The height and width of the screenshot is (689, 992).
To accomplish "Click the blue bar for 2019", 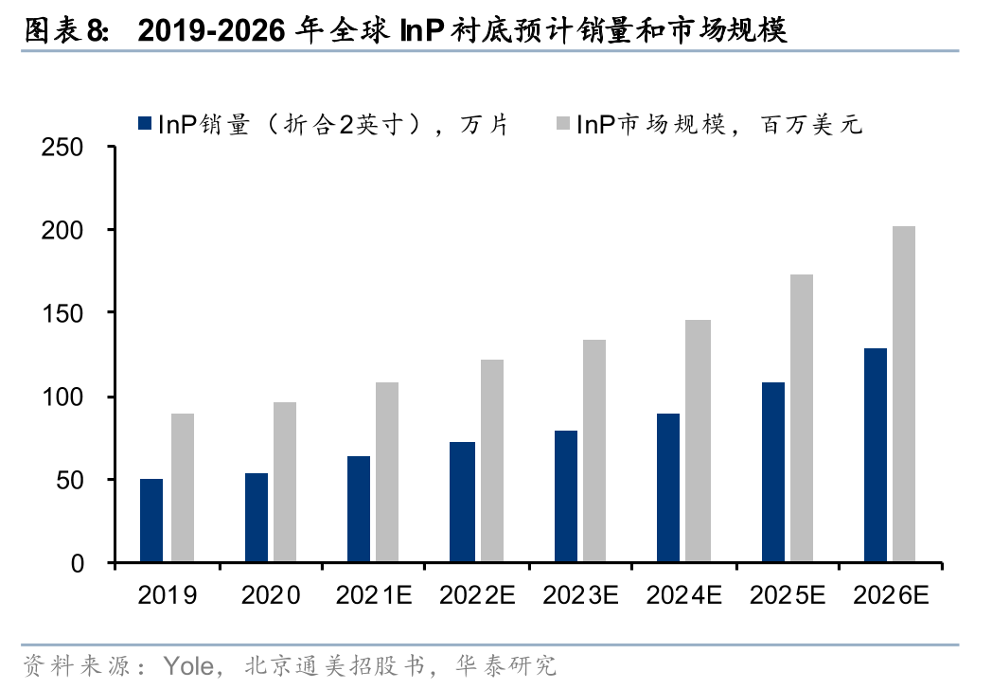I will tap(151, 521).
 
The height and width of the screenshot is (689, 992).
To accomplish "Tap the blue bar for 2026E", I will tap(876, 455).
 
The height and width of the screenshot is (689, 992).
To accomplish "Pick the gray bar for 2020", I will tap(285, 483).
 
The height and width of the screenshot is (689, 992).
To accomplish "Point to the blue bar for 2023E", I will tap(566, 497).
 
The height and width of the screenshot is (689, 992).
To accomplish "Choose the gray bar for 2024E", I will tap(698, 441).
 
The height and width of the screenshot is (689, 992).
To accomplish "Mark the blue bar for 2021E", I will tap(359, 509).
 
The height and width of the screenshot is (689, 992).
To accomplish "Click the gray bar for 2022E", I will tap(491, 461).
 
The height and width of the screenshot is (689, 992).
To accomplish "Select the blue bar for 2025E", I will tap(772, 472).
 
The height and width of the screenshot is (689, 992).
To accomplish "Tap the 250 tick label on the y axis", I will tap(63, 148).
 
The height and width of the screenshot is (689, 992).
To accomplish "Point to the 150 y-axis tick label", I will tap(63, 313).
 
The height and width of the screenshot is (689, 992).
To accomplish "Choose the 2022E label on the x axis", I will tap(477, 595).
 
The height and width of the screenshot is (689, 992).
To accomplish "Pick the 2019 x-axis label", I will tap(168, 595).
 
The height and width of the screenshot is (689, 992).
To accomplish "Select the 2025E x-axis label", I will tap(788, 595).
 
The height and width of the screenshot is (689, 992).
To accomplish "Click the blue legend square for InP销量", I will tap(145, 123).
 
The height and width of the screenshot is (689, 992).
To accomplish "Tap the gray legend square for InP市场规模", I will tap(562, 123).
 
